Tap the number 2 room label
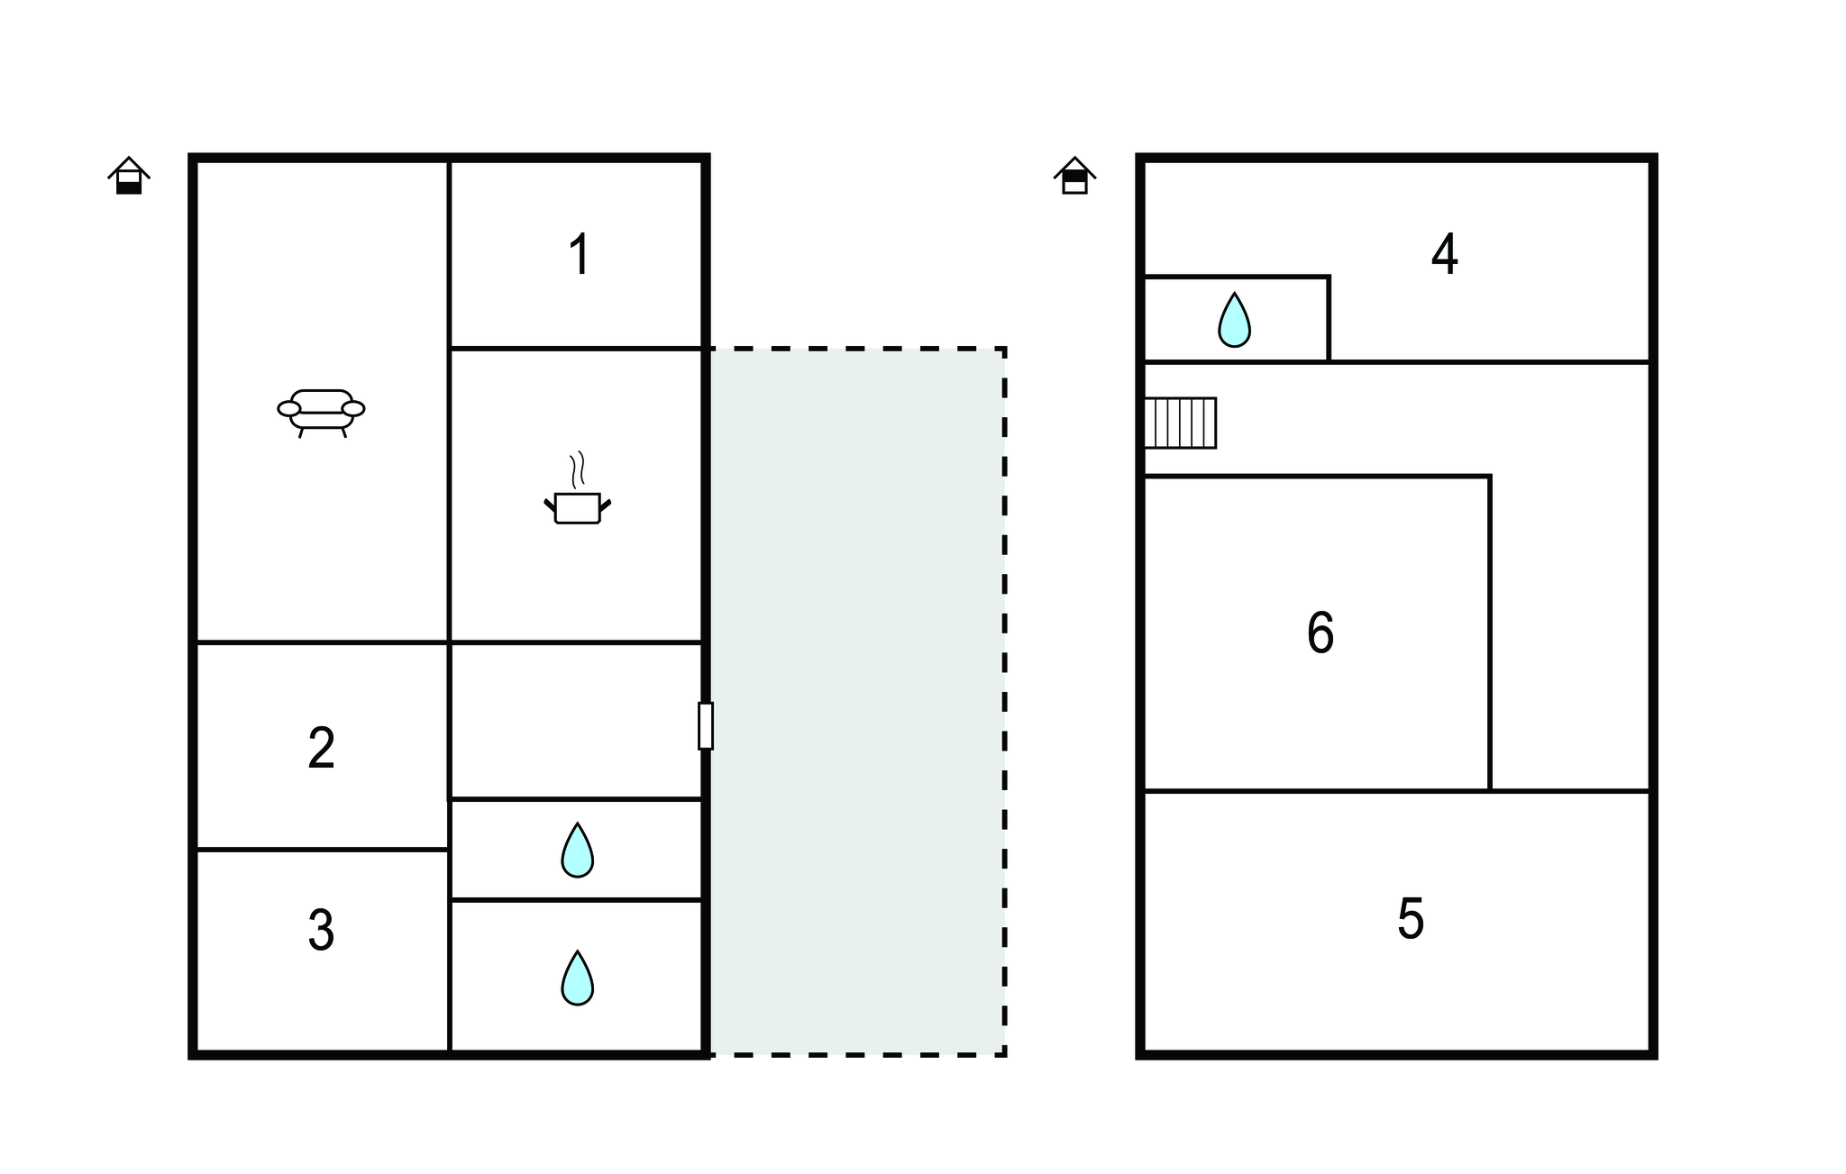pyautogui.click(x=321, y=749)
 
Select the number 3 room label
pyautogui.click(x=321, y=931)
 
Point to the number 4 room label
pyautogui.click(x=1444, y=255)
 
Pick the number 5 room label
pyautogui.click(x=1410, y=920)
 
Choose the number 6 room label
pyautogui.click(x=1320, y=633)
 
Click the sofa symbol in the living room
pyautogui.click(x=321, y=413)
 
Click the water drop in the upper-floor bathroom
pyautogui.click(x=1234, y=320)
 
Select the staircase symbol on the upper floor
pyautogui.click(x=1180, y=423)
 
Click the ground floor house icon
pyautogui.click(x=129, y=176)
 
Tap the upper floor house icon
pyautogui.click(x=1074, y=176)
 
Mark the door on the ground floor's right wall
pyautogui.click(x=705, y=725)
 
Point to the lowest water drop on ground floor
pyautogui.click(x=577, y=978)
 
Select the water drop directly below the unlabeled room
pyautogui.click(x=577, y=850)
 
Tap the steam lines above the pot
pyautogui.click(x=577, y=469)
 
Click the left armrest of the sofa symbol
pyautogui.click(x=288, y=409)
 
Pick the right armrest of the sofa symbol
pyautogui.click(x=353, y=409)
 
